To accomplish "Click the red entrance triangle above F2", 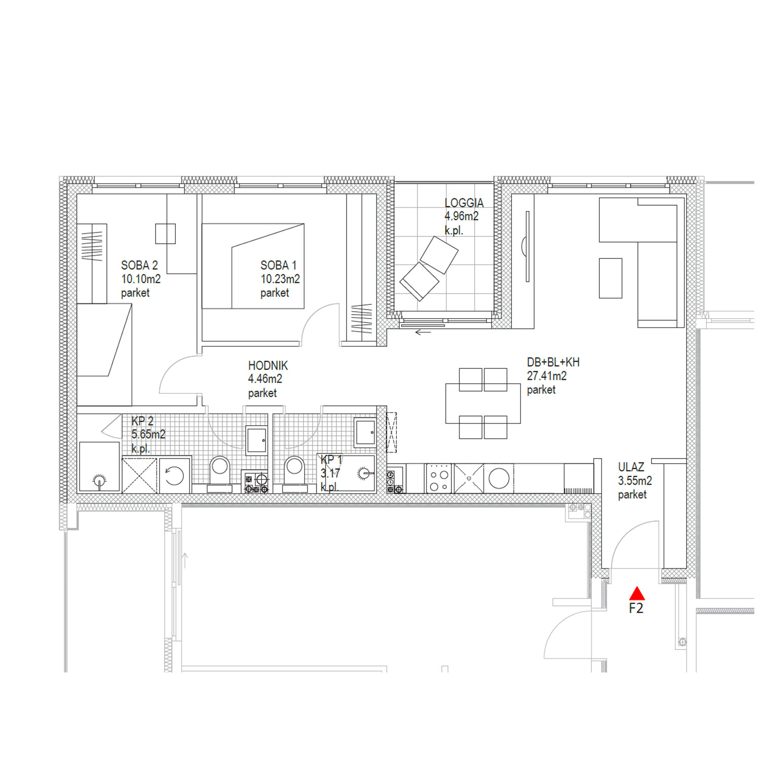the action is click(636, 593).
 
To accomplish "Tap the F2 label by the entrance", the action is click(636, 608).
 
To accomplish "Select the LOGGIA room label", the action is click(464, 203).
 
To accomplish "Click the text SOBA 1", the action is click(278, 265).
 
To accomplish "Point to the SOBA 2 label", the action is click(139, 265).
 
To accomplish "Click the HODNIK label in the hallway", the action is click(268, 365).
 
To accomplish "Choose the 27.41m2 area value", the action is click(547, 376).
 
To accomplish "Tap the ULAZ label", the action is click(631, 467).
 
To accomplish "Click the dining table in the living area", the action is click(483, 403).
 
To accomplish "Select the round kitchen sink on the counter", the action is click(499, 478).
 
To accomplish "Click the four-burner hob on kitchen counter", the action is click(439, 478).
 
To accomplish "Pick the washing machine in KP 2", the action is click(174, 475).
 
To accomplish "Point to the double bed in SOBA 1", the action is click(253, 266).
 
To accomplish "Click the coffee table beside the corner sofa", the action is click(611, 278).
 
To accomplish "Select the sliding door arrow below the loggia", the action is click(423, 332).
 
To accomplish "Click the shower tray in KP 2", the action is click(99, 467).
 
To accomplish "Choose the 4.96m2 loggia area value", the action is click(462, 216).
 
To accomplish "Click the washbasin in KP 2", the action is click(257, 439).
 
